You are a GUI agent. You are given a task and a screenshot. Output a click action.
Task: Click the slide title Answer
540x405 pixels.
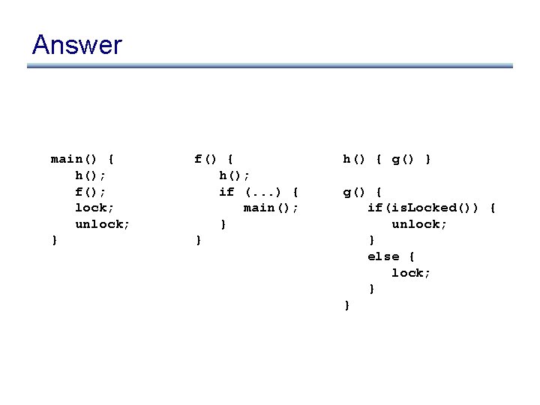pos(76,45)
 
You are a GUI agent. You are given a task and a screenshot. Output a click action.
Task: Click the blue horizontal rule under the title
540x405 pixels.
pos(270,66)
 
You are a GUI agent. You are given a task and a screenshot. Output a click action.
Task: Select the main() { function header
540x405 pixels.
pos(82,159)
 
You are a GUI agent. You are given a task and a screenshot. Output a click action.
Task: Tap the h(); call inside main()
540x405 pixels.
pos(91,175)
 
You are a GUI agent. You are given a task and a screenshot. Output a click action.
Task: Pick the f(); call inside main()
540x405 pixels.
pos(91,192)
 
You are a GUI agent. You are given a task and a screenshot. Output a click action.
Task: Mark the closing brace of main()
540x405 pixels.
pos(54,240)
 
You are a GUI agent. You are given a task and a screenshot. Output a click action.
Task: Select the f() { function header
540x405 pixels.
pos(214,159)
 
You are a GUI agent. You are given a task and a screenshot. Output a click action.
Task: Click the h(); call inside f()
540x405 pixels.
pos(235,175)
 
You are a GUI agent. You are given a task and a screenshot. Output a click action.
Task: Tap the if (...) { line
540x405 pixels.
pos(259,192)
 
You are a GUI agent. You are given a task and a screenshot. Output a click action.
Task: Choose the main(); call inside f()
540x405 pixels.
pos(271,208)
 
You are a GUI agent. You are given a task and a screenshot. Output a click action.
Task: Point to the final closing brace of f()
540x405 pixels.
pos(198,240)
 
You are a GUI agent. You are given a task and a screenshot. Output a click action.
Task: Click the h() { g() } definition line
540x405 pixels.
pos(387,159)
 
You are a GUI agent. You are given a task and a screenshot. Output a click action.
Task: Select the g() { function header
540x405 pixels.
pos(363,192)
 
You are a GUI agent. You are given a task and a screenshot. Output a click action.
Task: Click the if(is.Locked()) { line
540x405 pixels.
pos(431,208)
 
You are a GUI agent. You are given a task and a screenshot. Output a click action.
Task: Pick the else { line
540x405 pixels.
pos(391,256)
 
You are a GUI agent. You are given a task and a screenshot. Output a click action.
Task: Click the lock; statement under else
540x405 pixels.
pos(411,273)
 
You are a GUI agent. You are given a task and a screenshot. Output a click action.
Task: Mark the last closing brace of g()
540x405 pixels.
pos(346,304)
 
